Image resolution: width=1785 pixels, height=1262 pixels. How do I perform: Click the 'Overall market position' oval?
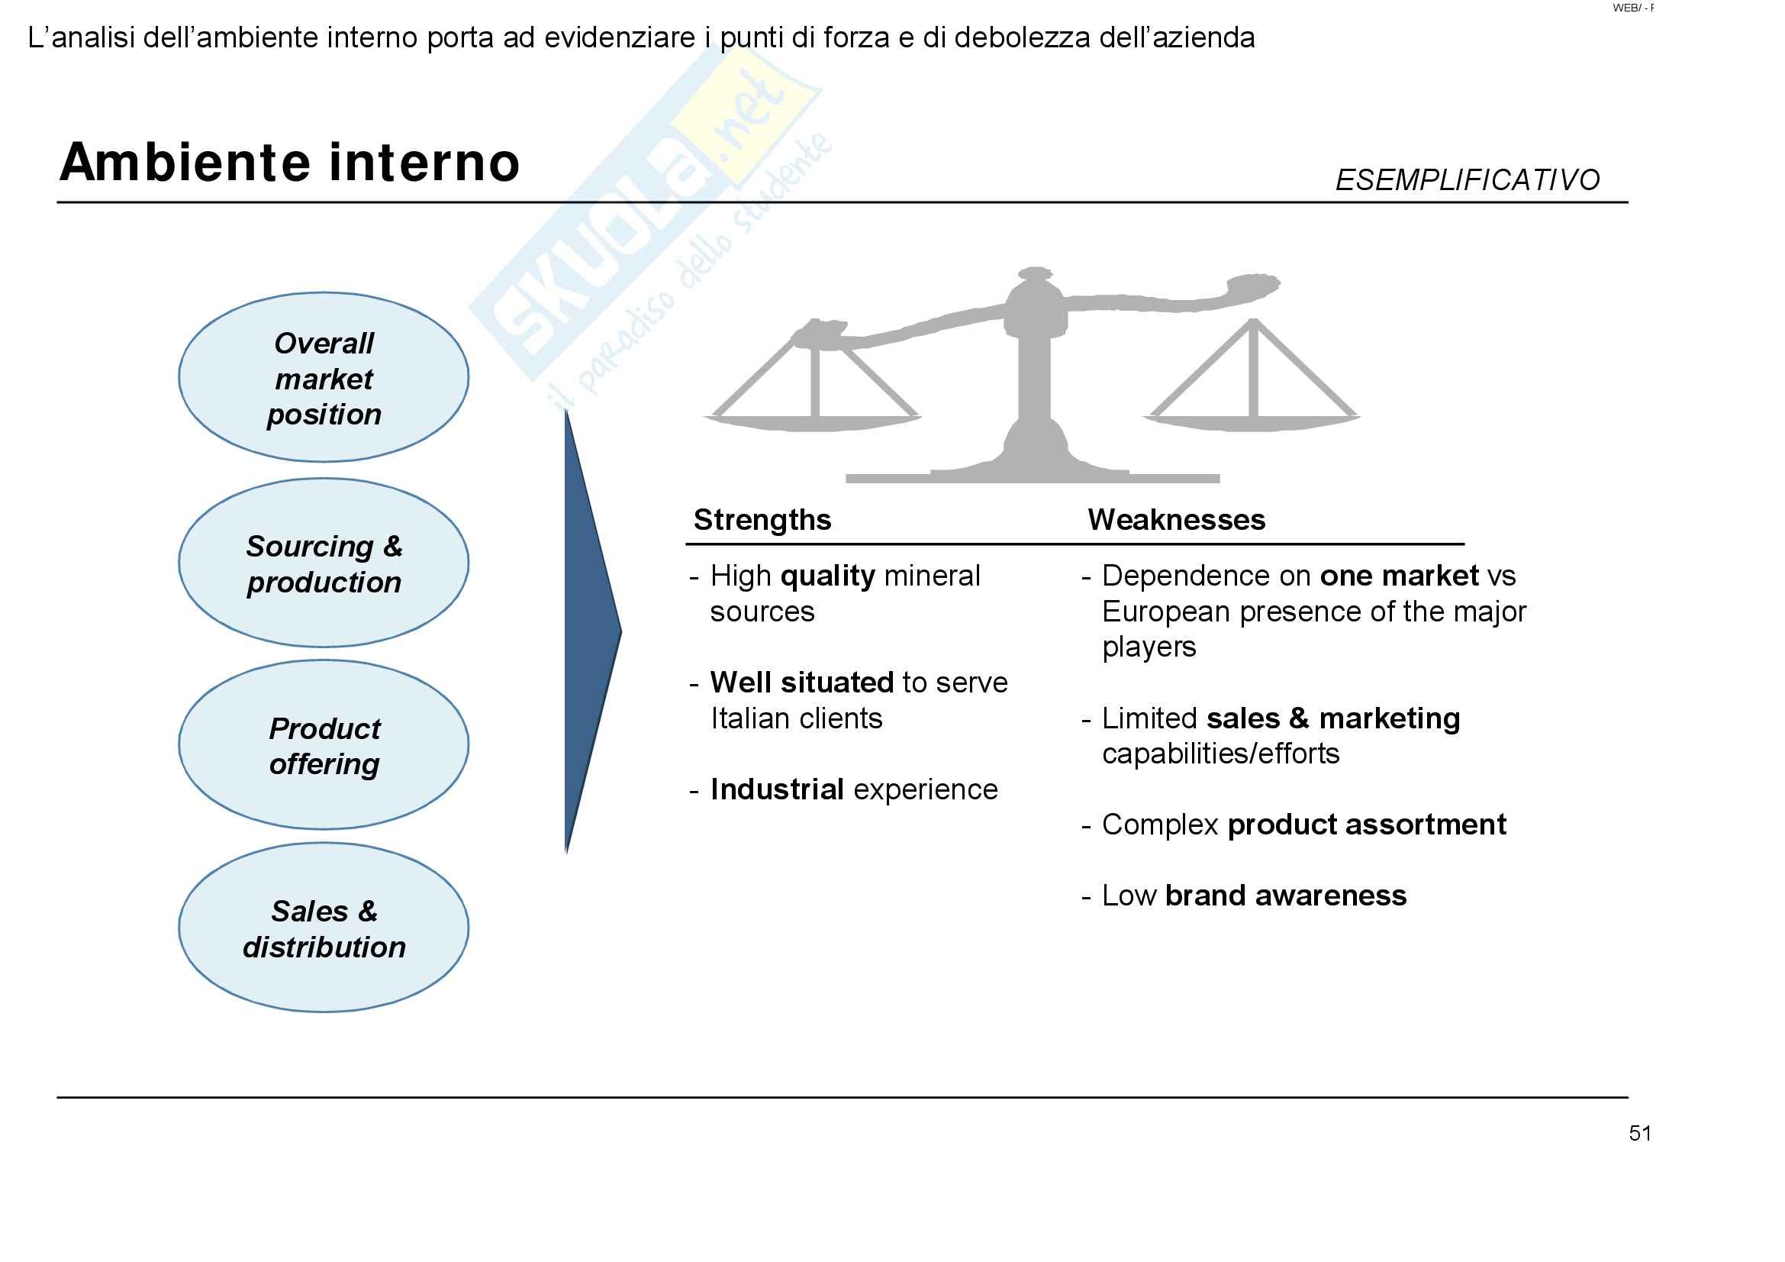click(x=324, y=378)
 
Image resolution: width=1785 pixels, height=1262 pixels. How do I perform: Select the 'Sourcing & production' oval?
click(x=324, y=563)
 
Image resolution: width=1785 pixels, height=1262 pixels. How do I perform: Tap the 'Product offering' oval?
click(x=324, y=746)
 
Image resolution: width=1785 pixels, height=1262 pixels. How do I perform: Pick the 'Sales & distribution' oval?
click(x=324, y=928)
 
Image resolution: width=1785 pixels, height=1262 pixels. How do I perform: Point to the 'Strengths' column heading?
click(x=762, y=519)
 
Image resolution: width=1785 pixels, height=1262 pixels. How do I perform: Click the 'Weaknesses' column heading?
click(x=1175, y=519)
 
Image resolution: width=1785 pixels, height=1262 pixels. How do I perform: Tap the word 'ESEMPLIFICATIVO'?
click(x=1466, y=180)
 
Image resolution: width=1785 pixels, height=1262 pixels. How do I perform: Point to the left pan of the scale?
click(x=813, y=421)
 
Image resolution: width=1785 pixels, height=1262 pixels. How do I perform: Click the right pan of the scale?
click(x=1251, y=421)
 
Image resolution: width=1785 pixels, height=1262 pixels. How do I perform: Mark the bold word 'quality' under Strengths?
click(x=827, y=576)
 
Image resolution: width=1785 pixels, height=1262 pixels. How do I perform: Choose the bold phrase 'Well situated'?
click(x=801, y=683)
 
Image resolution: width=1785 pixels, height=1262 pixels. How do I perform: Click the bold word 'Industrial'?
click(x=777, y=789)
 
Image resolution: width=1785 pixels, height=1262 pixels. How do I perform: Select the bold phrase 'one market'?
click(x=1399, y=576)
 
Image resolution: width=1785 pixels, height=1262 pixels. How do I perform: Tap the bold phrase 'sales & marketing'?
click(x=1332, y=718)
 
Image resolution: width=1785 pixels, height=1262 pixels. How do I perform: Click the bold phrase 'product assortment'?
click(x=1366, y=825)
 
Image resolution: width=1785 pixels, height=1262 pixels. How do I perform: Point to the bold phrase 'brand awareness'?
click(x=1285, y=896)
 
